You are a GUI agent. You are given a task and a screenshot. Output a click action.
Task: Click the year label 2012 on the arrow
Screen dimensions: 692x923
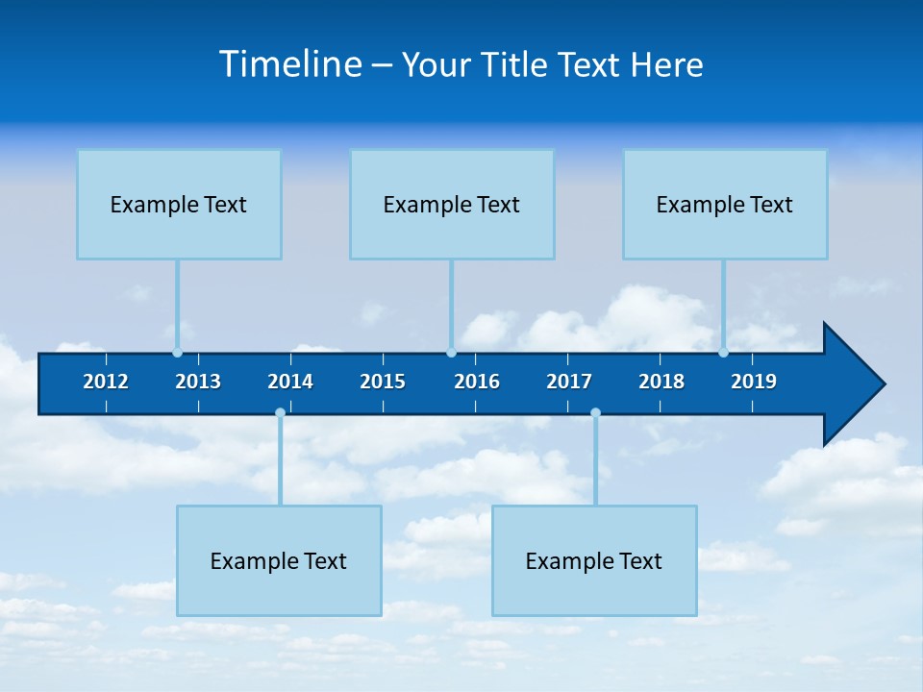106,382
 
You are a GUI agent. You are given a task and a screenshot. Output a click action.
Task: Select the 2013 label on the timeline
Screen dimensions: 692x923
198,382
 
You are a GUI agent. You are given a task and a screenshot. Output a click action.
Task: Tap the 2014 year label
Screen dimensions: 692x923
290,382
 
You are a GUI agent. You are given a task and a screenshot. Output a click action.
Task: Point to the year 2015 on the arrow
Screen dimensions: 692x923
383,382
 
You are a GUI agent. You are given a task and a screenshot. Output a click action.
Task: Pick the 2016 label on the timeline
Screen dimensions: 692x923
477,382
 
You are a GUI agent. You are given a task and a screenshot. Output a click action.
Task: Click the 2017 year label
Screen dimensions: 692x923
569,382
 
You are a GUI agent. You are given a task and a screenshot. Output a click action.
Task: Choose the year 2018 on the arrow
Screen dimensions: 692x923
661,382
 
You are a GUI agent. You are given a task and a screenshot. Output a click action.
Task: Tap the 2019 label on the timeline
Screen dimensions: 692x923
754,382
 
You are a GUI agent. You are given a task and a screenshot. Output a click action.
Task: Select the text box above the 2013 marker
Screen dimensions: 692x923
179,204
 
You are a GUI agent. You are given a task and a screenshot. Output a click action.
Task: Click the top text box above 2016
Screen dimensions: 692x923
452,204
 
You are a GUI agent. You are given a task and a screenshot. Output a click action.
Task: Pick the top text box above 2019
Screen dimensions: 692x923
725,204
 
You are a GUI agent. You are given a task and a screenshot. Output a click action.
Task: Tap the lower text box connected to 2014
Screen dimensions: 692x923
279,560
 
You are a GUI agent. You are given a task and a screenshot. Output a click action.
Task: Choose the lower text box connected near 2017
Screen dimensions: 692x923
594,560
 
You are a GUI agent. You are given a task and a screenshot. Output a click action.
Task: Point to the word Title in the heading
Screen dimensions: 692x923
519,65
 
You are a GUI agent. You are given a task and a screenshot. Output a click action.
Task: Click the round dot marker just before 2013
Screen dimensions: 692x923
177,353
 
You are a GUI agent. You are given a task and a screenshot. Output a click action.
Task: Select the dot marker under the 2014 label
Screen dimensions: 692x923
280,413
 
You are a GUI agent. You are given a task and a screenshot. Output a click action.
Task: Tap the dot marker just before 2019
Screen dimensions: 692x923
723,353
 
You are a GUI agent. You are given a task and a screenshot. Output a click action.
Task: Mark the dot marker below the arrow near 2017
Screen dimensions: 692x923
595,413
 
